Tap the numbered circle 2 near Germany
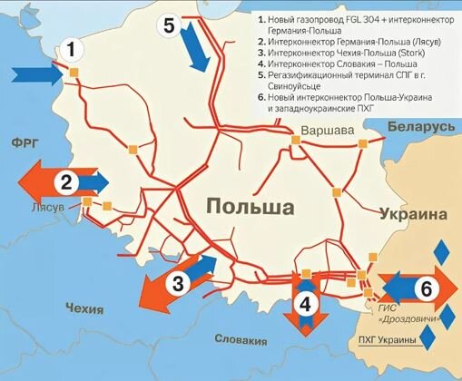coord(65,181)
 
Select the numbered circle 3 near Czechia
coord(178,284)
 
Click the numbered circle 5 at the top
coord(170,25)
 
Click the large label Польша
coord(250,208)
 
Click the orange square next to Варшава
coord(297,140)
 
